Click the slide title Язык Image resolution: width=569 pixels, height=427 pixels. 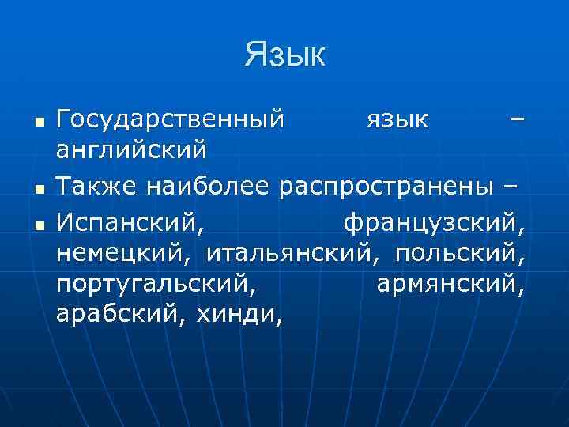click(x=284, y=55)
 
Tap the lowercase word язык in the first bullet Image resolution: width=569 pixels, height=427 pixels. click(x=398, y=120)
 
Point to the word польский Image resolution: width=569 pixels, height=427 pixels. click(x=458, y=255)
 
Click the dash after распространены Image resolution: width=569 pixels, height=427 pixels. click(x=511, y=187)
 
